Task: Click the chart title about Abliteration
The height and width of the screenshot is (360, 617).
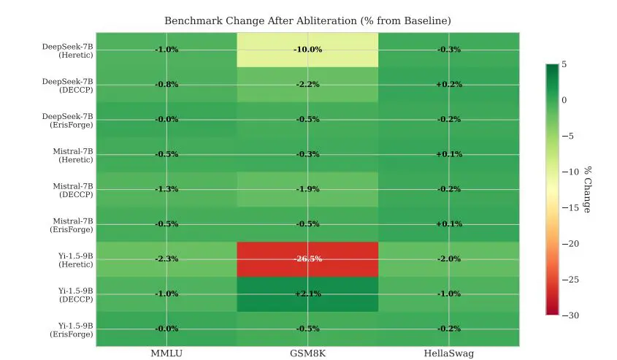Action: [307, 20]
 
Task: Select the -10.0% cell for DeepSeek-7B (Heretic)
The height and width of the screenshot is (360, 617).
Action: [307, 50]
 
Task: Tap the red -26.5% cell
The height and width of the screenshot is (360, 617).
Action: [307, 258]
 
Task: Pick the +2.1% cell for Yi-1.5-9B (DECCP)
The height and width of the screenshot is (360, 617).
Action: [307, 294]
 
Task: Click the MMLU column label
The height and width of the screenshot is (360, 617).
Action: [166, 354]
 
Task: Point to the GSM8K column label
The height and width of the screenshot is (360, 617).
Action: [307, 354]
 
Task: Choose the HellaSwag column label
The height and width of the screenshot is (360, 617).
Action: [448, 354]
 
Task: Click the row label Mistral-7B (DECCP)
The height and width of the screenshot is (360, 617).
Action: [73, 189]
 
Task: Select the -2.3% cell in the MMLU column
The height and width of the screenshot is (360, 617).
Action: [166, 258]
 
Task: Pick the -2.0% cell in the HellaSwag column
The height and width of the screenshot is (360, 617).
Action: [448, 258]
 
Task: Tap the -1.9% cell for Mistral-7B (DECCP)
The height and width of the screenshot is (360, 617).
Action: [307, 189]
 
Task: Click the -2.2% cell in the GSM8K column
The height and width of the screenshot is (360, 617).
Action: [307, 85]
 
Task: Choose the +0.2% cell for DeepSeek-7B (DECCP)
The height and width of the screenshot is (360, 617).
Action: [448, 85]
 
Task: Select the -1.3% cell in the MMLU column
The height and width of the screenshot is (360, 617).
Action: [166, 189]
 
